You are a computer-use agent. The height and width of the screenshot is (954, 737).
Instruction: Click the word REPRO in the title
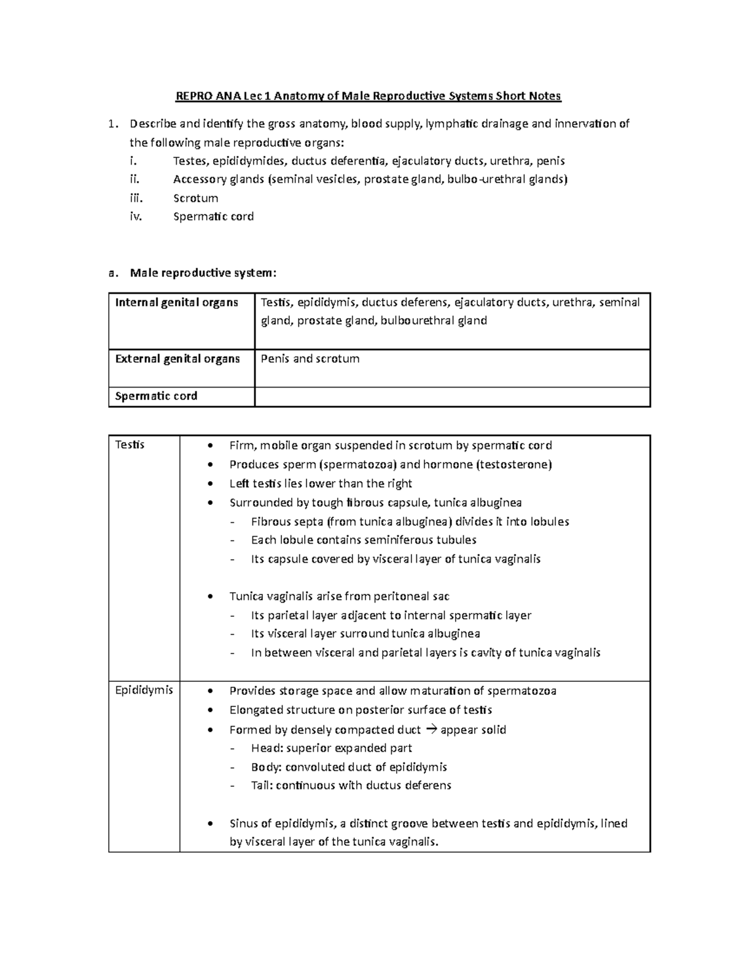coord(192,96)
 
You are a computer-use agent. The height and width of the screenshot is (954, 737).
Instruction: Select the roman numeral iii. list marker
coord(136,198)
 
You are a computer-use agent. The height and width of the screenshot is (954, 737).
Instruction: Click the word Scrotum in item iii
coord(195,198)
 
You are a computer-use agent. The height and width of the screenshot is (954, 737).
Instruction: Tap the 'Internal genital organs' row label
coord(176,302)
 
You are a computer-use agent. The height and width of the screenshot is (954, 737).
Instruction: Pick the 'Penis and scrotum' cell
coord(310,359)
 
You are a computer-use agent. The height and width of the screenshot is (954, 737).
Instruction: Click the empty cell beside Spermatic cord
coord(452,397)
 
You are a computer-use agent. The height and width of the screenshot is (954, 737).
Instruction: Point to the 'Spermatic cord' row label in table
coord(156,396)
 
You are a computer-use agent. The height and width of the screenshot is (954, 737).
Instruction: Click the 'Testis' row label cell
coord(130,445)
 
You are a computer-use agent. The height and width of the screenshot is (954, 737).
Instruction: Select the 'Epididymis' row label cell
coord(144,690)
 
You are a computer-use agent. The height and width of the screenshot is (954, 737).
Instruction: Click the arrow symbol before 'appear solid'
coord(430,730)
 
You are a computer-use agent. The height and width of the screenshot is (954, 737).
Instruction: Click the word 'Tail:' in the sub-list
coord(262,785)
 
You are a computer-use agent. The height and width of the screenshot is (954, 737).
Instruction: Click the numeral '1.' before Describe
coord(112,124)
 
